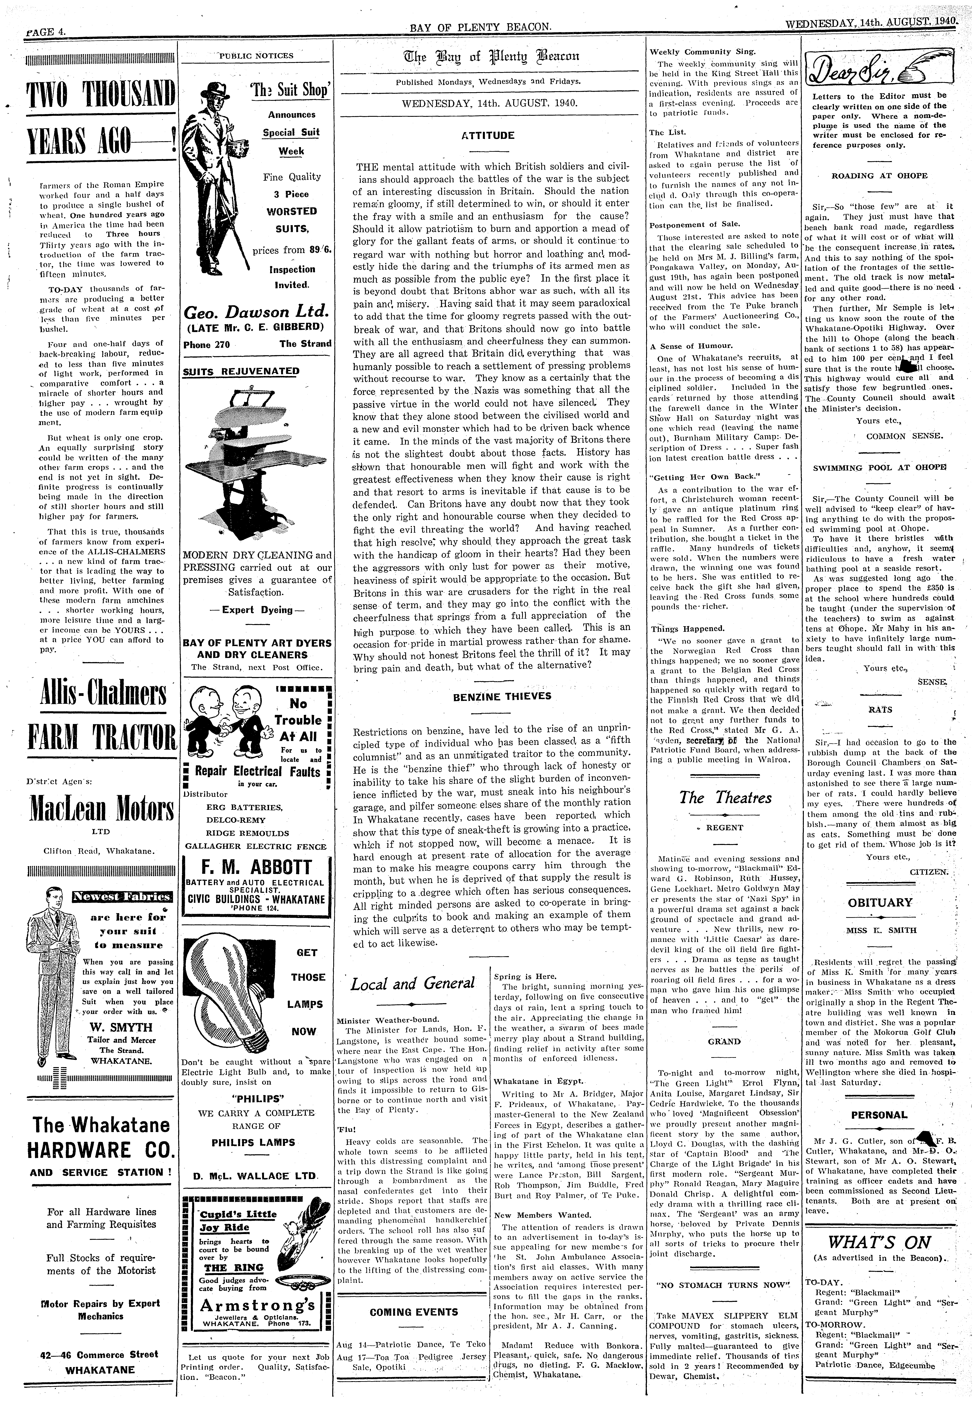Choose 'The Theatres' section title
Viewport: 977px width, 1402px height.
[x=725, y=798]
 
